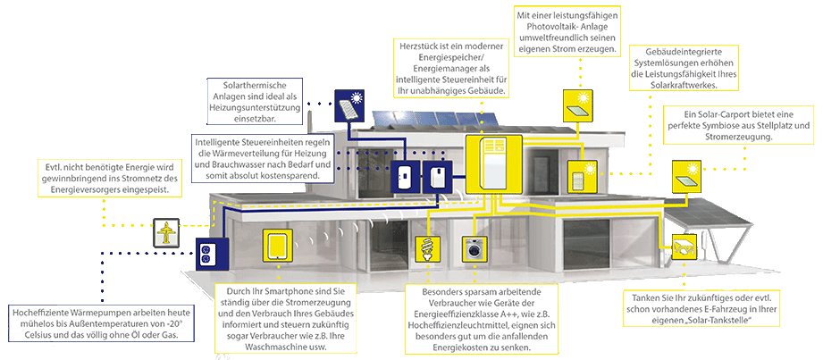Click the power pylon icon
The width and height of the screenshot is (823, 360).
[x=166, y=233]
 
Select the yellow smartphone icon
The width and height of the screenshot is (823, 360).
[x=277, y=243]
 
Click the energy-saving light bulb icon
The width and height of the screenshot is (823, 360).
[x=424, y=247]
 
